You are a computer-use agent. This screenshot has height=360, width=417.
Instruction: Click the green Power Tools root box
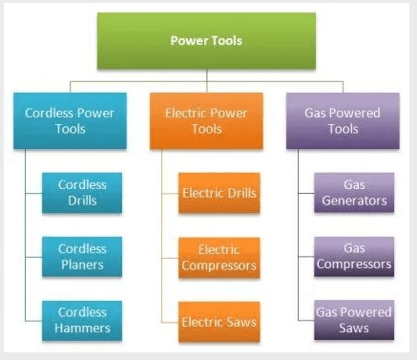point(206,41)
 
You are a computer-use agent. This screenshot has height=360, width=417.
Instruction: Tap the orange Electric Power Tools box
point(206,120)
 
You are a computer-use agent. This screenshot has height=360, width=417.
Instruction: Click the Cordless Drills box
point(83,194)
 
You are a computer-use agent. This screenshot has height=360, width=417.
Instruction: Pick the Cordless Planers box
point(83,257)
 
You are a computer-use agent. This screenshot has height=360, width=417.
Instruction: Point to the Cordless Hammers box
point(83,321)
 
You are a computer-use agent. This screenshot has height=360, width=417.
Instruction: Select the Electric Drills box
point(219,194)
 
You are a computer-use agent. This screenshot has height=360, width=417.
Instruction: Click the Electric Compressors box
point(219,257)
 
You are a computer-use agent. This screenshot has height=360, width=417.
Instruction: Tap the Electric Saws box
point(219,321)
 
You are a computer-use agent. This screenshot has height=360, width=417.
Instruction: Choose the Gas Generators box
point(354,194)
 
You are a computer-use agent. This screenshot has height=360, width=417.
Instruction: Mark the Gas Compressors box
point(354,257)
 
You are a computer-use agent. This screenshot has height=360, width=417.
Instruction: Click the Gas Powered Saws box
point(354,321)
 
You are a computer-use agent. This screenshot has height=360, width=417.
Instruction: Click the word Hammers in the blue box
point(83,328)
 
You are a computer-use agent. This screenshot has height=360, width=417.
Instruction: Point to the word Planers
point(83,265)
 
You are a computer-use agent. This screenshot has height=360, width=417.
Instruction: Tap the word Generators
point(354,201)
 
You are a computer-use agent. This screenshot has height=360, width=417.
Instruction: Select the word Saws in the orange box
point(240,321)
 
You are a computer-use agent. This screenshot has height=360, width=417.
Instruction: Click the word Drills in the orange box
point(240,194)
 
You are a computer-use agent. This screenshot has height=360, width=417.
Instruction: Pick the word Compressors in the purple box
point(354,265)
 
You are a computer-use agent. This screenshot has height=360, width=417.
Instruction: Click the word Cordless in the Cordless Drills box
point(83,185)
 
